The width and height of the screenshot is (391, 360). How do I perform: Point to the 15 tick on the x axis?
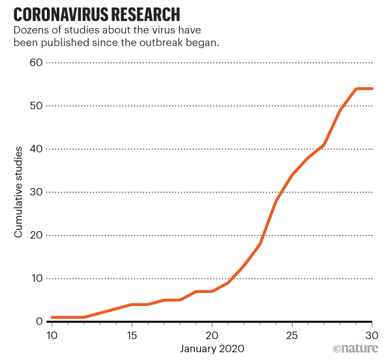132,335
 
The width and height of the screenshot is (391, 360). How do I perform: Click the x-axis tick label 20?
212,335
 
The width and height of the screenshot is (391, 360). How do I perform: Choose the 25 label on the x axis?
293,335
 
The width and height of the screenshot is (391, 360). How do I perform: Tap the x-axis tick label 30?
372,335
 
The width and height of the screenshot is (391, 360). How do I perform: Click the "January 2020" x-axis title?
212,349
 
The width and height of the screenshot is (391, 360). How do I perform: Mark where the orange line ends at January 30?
372,89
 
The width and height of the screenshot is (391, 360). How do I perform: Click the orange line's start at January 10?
51,317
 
